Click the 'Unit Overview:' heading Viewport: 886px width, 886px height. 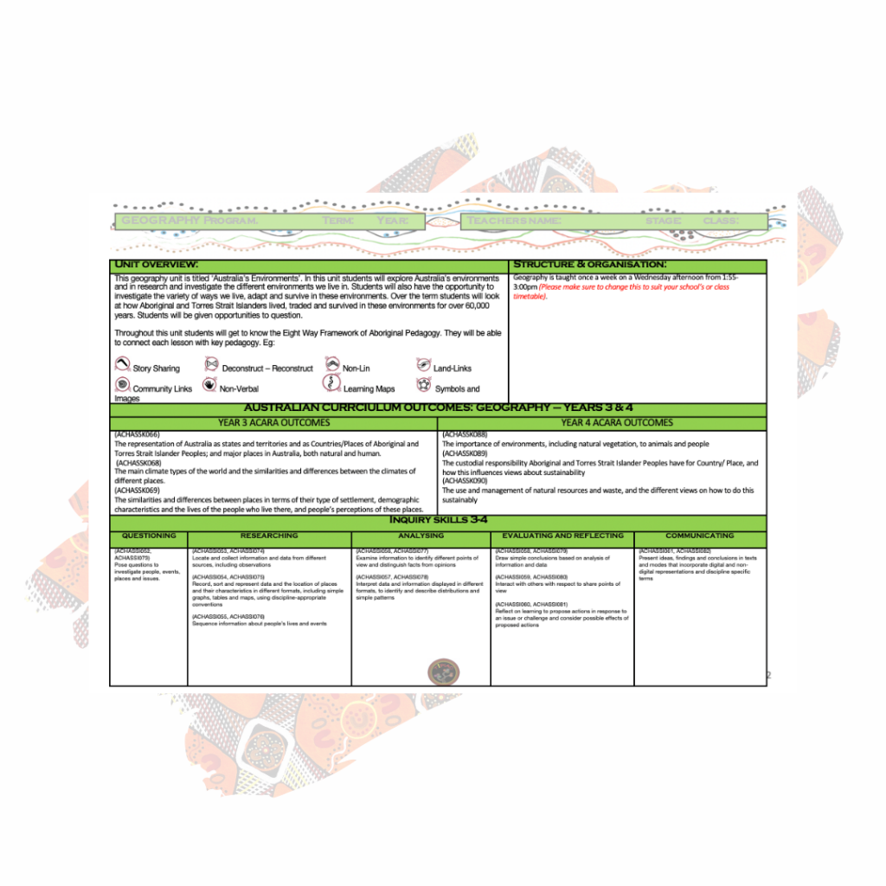point(157,264)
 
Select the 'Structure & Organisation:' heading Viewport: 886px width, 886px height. point(590,264)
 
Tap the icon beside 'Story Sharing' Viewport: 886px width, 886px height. point(122,364)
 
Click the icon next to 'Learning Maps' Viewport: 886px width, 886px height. point(331,384)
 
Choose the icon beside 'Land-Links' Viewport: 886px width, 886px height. point(423,364)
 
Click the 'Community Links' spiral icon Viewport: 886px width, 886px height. point(122,385)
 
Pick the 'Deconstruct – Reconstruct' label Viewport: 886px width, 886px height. point(267,369)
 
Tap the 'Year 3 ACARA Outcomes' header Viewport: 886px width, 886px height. point(273,423)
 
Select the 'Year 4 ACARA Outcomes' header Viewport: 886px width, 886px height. point(617,423)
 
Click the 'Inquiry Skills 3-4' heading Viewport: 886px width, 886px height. point(438,521)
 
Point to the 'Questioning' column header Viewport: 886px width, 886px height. point(149,536)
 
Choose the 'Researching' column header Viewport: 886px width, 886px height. point(269,536)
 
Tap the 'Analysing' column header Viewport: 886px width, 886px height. point(421,536)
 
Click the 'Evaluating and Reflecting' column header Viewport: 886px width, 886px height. point(562,536)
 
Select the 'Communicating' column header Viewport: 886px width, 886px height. point(700,536)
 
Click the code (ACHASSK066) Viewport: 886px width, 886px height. point(138,434)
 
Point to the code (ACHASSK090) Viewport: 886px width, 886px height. point(465,481)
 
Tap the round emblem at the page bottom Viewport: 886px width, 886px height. point(444,671)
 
